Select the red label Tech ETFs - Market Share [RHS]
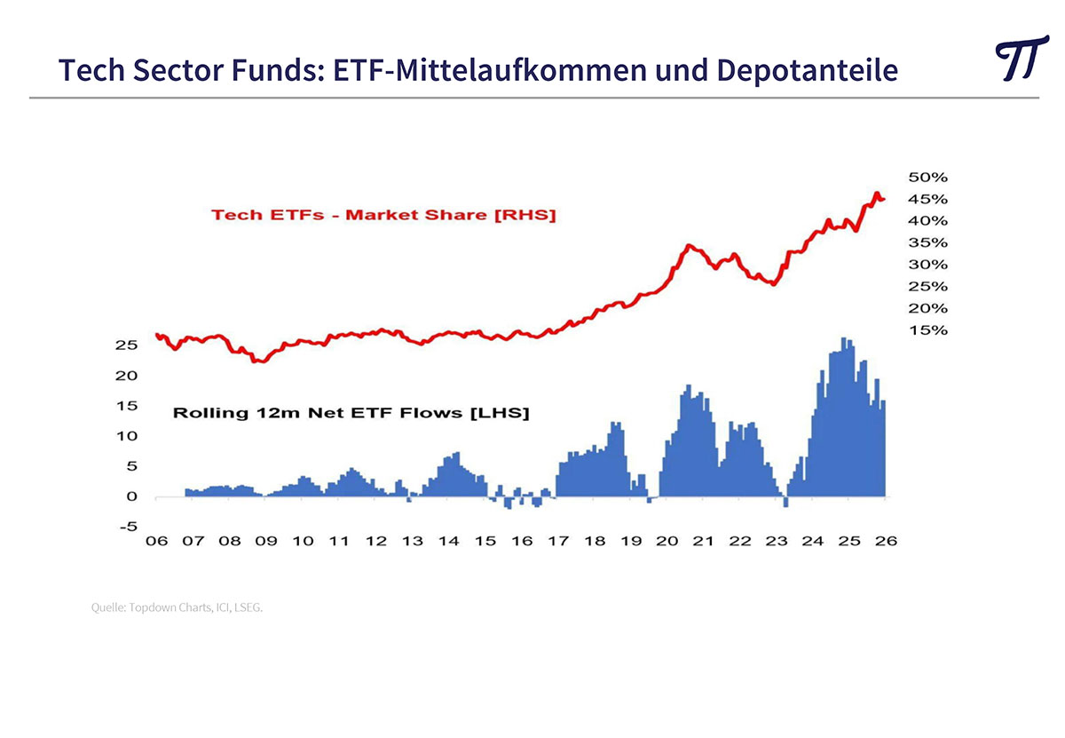point(383,215)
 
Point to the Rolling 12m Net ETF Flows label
point(351,413)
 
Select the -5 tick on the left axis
point(129,527)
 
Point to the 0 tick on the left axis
point(132,496)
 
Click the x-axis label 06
point(156,541)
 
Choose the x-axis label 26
point(886,541)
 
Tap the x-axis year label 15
point(485,541)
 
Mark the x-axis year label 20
point(667,541)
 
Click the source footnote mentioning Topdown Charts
point(177,607)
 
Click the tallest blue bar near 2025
point(844,417)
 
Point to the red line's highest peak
point(876,194)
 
